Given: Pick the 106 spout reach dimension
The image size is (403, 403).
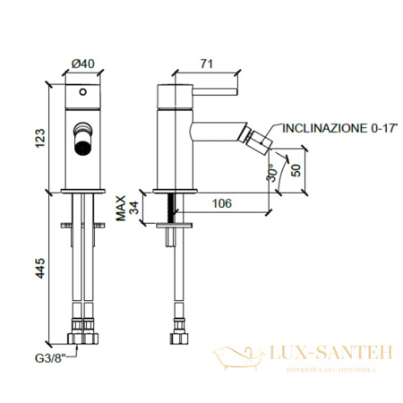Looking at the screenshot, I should click(x=221, y=203).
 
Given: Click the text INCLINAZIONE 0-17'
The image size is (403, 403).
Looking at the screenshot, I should click(x=332, y=128).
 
